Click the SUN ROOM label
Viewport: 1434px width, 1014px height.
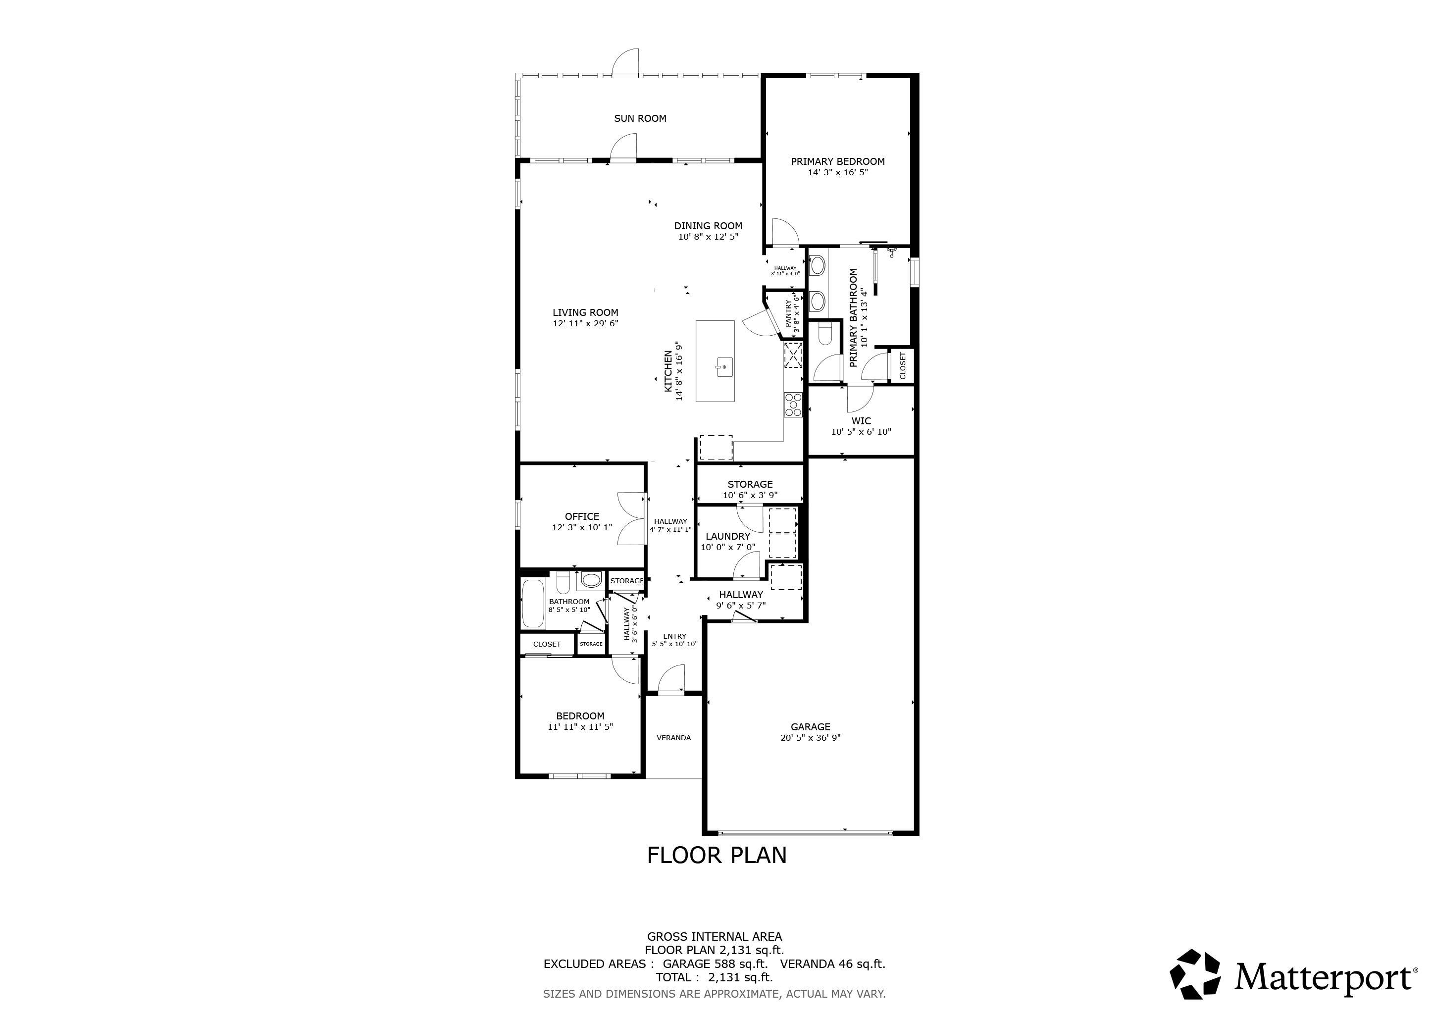(x=640, y=118)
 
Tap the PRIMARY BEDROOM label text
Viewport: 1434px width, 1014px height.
(x=837, y=161)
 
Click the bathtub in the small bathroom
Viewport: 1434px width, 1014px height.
(x=533, y=604)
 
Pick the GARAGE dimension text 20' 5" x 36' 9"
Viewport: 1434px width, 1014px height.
(x=810, y=737)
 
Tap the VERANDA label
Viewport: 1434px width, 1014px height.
(x=673, y=737)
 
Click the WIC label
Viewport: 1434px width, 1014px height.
(x=861, y=421)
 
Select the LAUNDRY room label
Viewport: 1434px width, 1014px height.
(x=727, y=536)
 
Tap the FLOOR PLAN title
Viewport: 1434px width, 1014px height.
(x=717, y=855)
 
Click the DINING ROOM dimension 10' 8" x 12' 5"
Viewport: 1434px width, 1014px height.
(x=708, y=237)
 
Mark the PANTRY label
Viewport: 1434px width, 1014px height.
(x=788, y=315)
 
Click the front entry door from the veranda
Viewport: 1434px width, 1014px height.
(x=671, y=679)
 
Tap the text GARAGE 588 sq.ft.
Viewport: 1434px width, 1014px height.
(x=715, y=963)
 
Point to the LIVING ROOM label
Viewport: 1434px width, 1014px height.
(x=585, y=313)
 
